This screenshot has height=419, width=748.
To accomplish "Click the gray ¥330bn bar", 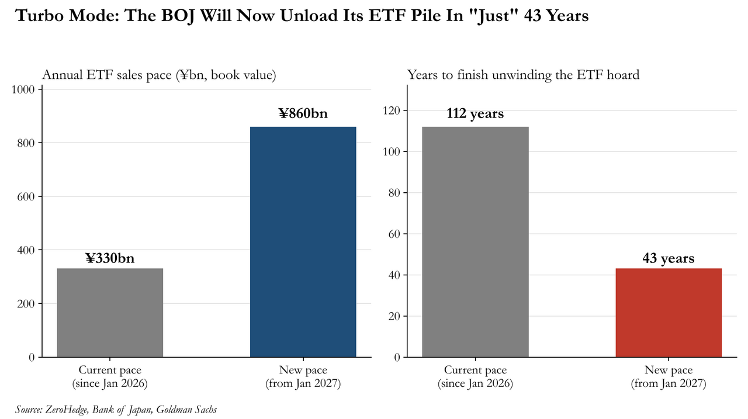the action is [110, 313].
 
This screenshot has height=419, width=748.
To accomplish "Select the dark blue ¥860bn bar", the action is [303, 242].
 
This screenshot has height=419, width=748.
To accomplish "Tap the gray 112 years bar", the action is [475, 242].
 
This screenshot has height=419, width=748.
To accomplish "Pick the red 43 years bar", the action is [669, 313].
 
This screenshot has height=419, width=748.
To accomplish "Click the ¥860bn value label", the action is [303, 113].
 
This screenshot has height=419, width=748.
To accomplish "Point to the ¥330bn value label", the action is [110, 258].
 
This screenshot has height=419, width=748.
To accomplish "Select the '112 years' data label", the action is [475, 113].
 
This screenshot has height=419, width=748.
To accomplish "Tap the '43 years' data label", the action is [669, 258].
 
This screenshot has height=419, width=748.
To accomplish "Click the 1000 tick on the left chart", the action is [23, 89].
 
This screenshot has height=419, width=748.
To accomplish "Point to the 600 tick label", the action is [26, 197].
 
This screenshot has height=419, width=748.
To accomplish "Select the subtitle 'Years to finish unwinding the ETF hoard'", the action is [523, 75].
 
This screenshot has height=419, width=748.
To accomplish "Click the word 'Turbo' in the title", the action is [39, 15].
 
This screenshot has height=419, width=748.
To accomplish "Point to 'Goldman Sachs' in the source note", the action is [186, 409].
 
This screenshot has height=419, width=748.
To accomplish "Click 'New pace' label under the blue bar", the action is [303, 370].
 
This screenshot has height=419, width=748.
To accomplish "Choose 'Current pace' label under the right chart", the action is [475, 370].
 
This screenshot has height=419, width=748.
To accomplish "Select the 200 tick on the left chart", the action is [26, 304].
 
